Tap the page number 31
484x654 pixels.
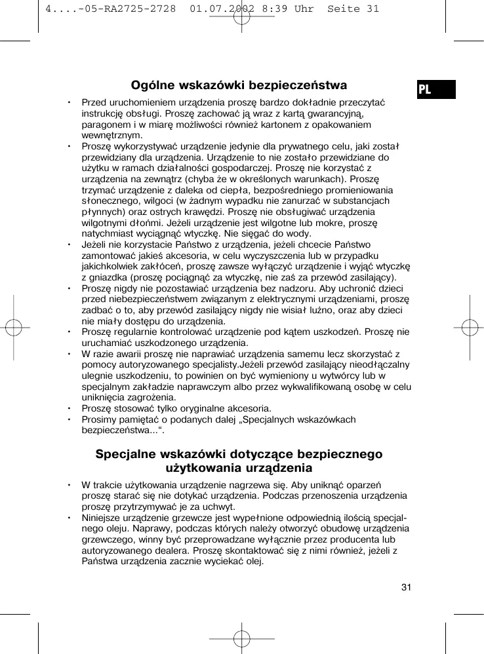pos(406,587)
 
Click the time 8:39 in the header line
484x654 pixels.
pos(277,9)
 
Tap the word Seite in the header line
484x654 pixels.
pos(344,9)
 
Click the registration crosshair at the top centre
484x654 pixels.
pos(241,16)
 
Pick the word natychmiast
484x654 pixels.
pos(106,233)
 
